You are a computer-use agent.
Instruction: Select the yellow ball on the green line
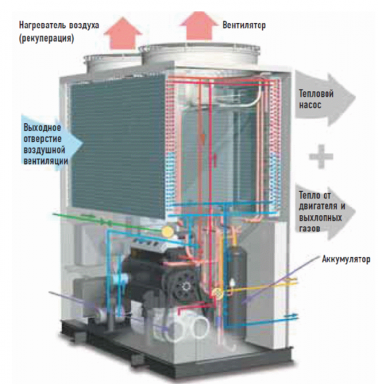click(168, 228)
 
